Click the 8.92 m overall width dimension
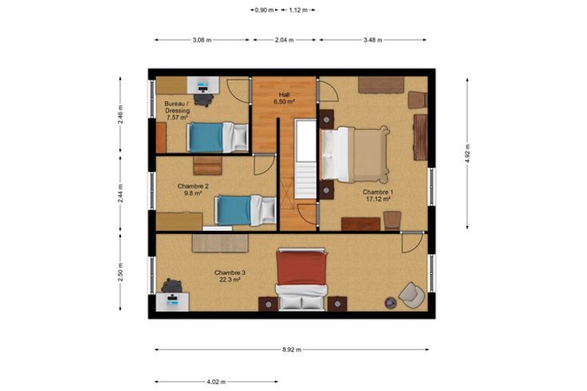292,350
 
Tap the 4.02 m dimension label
216,381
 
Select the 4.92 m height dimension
467,153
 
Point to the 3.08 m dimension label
202,40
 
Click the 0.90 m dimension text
264,10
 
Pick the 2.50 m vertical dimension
120,272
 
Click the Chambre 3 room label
230,272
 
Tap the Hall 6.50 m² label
284,98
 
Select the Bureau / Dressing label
177,107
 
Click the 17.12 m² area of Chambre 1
378,199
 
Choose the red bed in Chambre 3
301,279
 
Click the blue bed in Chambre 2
245,210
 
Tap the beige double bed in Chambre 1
354,154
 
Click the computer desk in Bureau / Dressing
203,85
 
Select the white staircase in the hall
305,158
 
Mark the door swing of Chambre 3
412,242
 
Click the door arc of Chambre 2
264,165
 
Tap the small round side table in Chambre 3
391,302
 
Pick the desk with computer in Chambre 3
172,301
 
